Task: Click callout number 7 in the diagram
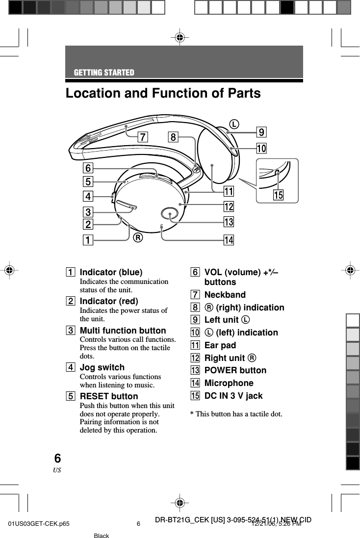click(x=142, y=137)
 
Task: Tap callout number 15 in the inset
click(x=278, y=195)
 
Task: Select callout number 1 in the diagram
click(x=88, y=240)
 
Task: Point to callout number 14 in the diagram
click(x=228, y=240)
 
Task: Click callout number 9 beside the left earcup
click(x=262, y=132)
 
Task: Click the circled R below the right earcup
click(x=138, y=238)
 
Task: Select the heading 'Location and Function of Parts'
click(x=163, y=93)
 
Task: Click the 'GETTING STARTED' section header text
click(x=104, y=73)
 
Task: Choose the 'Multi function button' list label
click(x=123, y=331)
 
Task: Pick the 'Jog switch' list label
click(x=102, y=367)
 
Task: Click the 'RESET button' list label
click(x=109, y=396)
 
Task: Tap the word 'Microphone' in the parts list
click(x=229, y=383)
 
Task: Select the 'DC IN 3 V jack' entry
click(x=233, y=396)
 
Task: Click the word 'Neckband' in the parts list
click(x=225, y=295)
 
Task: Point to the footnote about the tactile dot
click(x=236, y=414)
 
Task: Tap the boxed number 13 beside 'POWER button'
click(x=195, y=370)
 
